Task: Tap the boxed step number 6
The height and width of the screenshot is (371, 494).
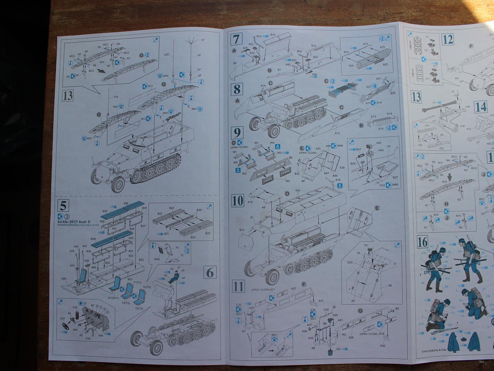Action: coord(210,273)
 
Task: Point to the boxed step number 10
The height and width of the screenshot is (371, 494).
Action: coord(238,200)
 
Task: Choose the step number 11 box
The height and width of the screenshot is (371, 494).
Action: coord(238,287)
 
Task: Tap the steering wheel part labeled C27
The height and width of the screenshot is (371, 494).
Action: coord(65,326)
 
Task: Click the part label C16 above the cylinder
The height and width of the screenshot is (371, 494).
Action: coord(75,308)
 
